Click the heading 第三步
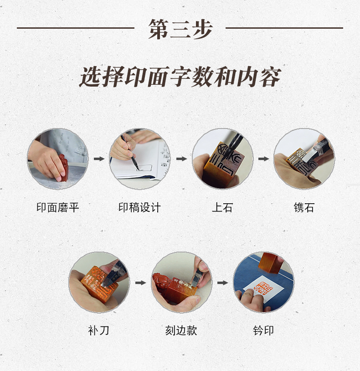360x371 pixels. (180, 29)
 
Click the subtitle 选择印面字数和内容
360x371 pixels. (180, 77)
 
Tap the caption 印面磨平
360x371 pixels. (58, 207)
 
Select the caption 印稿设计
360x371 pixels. (139, 207)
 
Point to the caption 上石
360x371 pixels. (222, 207)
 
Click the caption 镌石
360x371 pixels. (304, 207)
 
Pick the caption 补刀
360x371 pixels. (98, 330)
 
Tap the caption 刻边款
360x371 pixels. (181, 330)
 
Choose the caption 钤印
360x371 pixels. (263, 330)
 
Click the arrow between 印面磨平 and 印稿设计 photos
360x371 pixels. (99, 159)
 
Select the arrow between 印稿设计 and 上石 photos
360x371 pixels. (181, 159)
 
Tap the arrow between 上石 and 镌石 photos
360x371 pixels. (263, 159)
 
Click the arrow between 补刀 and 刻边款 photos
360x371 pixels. (140, 283)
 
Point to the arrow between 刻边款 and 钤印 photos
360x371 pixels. (222, 283)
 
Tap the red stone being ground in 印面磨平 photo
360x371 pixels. (63, 167)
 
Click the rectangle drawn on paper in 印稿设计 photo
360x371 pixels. (144, 168)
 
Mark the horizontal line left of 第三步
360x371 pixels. (76, 28)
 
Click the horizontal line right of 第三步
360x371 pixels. (284, 28)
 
